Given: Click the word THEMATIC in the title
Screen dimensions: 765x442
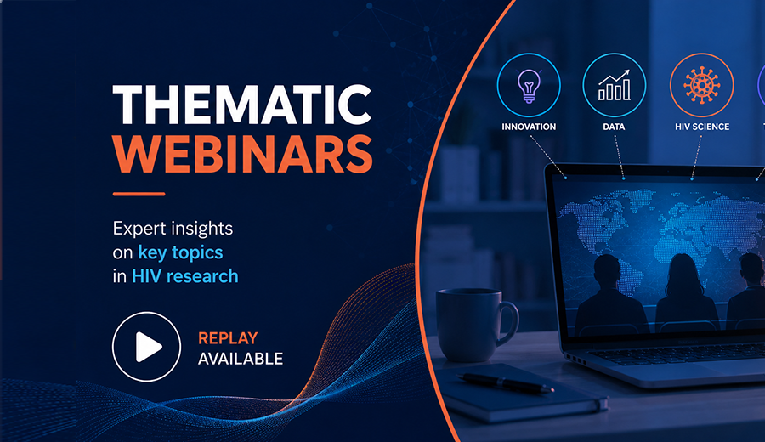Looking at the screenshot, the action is tap(242, 105).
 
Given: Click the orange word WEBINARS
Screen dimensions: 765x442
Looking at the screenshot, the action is tap(243, 154).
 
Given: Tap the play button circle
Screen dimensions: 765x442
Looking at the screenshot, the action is tap(146, 347).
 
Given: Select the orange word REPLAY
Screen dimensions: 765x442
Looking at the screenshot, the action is tap(228, 338).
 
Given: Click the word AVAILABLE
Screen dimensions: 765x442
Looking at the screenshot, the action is tap(241, 359).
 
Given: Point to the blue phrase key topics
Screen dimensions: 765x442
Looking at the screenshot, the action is tap(180, 252).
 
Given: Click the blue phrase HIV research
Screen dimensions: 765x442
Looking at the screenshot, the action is tap(185, 276).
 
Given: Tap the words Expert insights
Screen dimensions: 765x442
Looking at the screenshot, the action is tap(173, 229).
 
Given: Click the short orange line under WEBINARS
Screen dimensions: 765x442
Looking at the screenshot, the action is tap(139, 194).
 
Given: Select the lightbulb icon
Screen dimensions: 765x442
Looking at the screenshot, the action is tap(529, 85).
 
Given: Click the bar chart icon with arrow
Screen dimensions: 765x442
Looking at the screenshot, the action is tap(615, 85).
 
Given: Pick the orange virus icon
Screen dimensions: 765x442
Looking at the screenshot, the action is tap(701, 85).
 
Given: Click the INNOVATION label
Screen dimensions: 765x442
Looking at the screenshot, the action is tap(529, 127).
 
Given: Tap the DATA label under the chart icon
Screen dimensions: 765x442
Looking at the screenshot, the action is tap(614, 127).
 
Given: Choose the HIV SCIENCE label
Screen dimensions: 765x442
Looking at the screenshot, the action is tap(702, 127).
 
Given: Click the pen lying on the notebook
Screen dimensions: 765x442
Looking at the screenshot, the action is tap(505, 382).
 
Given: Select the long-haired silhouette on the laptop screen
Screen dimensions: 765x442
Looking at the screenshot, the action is tap(684, 292).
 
